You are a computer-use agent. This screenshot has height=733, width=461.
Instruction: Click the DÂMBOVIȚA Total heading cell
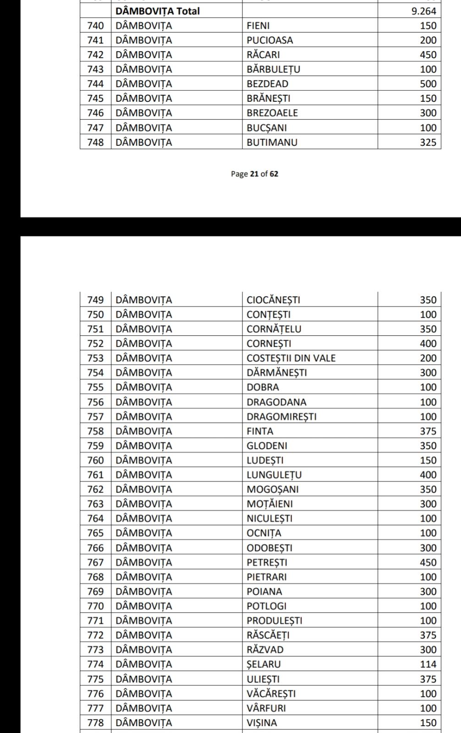158,11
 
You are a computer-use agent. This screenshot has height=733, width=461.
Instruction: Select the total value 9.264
423,11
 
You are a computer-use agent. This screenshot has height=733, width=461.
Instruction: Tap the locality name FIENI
258,26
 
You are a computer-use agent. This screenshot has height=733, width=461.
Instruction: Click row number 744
95,84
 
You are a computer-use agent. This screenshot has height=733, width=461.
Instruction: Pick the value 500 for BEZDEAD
428,84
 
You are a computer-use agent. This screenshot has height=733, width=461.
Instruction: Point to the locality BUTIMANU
272,142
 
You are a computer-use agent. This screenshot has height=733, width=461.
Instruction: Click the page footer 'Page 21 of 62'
254,174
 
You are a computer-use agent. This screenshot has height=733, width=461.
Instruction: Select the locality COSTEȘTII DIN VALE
291,358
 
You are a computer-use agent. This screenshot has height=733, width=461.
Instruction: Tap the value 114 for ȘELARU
428,664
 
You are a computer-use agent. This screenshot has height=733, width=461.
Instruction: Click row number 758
95,431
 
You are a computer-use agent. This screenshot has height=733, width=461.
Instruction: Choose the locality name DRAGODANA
276,402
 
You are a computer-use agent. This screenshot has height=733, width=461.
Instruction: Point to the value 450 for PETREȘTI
428,562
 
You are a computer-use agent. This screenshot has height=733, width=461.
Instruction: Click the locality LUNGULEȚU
274,475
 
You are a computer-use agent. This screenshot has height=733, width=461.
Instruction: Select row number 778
95,722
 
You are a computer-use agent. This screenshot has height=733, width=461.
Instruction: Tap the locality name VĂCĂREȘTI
271,693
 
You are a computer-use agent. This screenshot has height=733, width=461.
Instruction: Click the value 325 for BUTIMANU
428,142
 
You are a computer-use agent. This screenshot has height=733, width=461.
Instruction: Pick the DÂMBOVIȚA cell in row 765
144,533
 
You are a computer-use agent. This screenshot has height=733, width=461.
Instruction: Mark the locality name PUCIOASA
269,40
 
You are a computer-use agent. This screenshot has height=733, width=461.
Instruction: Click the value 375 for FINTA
428,431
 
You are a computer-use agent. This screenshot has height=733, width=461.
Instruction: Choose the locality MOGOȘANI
272,489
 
